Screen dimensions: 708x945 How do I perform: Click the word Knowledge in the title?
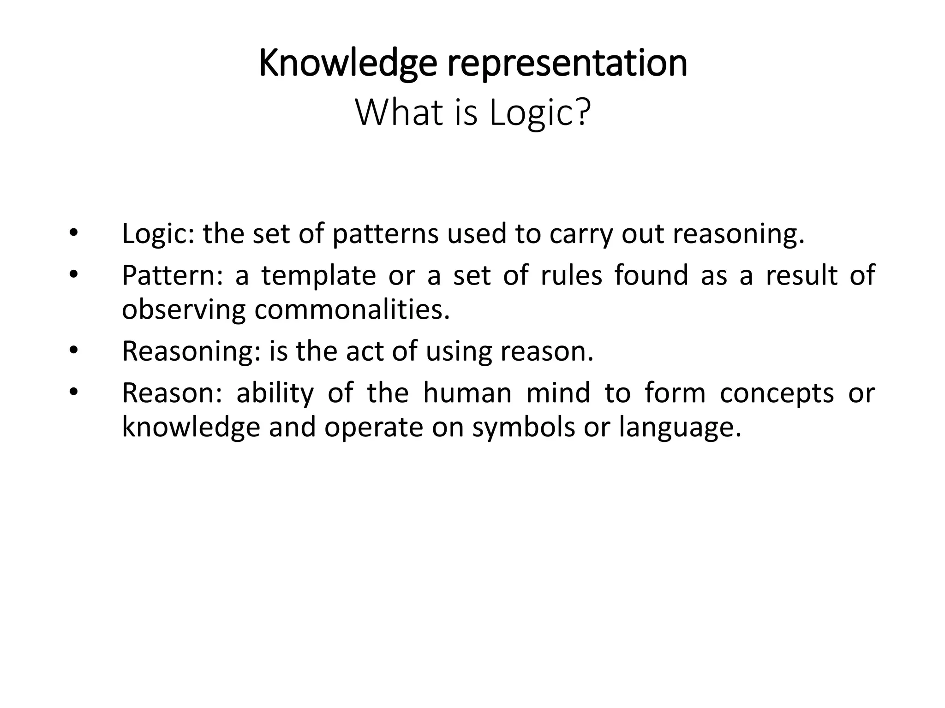tap(347, 64)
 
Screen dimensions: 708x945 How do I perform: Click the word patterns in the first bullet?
tap(385, 233)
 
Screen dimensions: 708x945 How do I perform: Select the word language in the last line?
tap(680, 427)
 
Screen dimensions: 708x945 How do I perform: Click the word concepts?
tap(777, 393)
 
